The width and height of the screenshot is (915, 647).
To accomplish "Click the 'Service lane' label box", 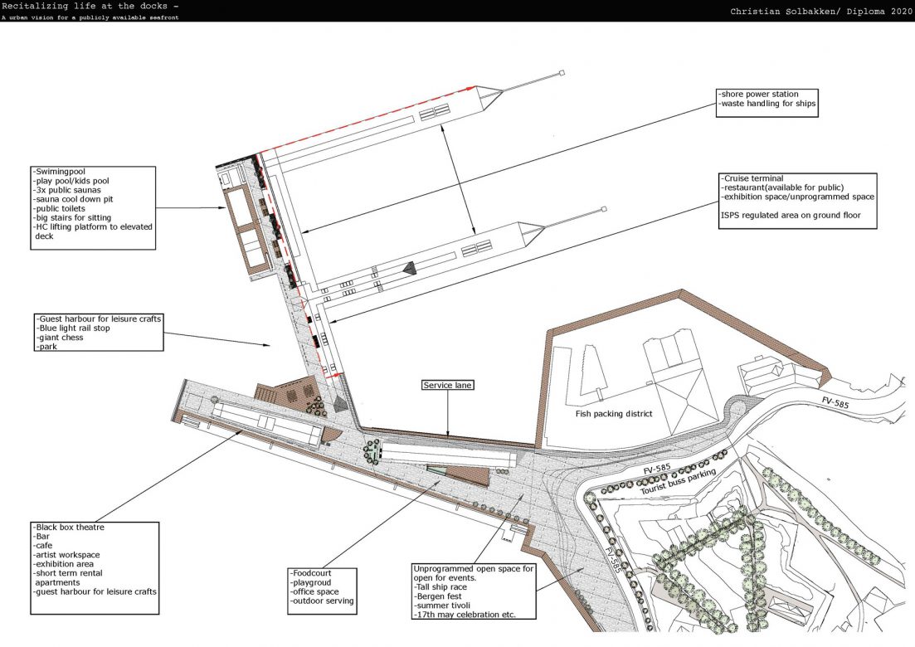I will [x=449, y=386].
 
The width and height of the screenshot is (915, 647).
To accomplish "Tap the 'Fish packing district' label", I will [x=615, y=412].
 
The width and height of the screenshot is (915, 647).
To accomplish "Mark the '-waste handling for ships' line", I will [x=768, y=104].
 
